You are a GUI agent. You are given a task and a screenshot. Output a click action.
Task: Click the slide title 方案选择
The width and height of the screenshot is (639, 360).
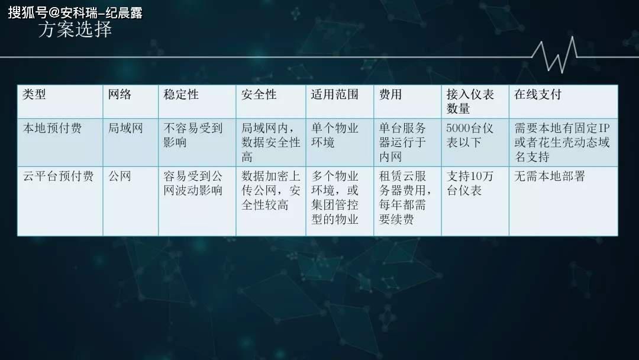(75, 30)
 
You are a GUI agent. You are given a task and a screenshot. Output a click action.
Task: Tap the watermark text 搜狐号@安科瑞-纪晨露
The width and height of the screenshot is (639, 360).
(75, 12)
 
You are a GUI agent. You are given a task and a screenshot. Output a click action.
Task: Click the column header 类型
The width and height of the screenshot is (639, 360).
(34, 95)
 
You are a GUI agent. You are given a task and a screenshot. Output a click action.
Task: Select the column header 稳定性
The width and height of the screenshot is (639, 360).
(181, 95)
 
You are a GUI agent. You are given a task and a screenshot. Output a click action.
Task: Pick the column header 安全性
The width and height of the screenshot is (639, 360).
(259, 95)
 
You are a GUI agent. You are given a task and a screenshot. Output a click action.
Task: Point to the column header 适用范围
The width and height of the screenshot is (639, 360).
(334, 95)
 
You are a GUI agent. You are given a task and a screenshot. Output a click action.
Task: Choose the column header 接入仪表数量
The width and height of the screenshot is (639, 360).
(470, 101)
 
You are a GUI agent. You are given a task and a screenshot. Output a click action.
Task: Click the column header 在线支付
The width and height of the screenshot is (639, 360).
(538, 95)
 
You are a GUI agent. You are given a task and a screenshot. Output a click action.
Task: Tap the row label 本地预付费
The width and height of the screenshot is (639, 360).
(52, 128)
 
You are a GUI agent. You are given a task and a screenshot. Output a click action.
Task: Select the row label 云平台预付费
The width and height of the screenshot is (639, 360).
(58, 176)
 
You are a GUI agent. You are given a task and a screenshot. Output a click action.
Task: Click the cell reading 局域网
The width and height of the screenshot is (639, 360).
(125, 128)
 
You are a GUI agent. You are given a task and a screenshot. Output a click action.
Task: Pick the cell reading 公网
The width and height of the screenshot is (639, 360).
(120, 176)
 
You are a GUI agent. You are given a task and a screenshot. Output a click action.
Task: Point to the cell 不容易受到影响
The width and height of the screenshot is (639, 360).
(193, 136)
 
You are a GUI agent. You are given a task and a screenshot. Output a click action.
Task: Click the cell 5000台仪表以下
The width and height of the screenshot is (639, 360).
(470, 136)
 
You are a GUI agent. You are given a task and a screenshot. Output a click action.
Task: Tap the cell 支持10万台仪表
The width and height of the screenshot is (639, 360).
(470, 183)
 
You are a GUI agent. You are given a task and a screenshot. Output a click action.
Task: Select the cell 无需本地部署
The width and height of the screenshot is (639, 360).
(550, 176)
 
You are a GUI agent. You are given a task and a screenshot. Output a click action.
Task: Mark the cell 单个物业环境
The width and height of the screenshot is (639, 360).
(334, 136)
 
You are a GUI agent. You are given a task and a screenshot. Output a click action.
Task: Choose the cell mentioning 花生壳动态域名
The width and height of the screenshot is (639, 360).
(562, 143)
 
